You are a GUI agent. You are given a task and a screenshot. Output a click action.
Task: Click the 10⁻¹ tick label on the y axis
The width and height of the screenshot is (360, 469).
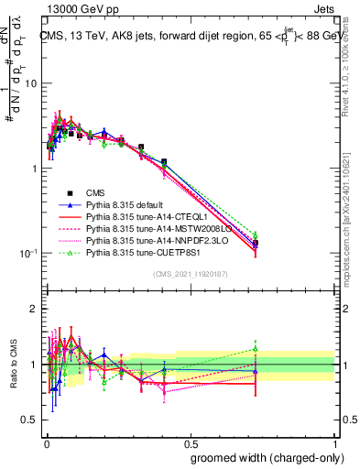(27, 254)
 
